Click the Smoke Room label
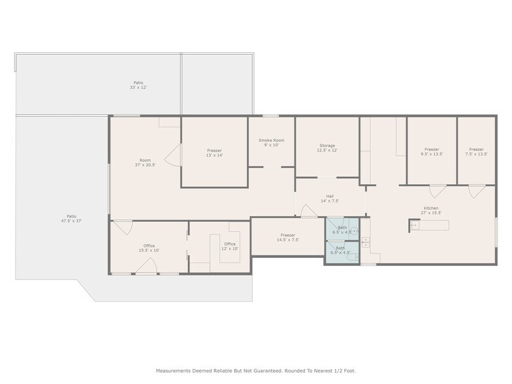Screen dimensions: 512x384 pyautogui.click(x=272, y=142)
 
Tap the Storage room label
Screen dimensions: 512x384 pyautogui.click(x=327, y=148)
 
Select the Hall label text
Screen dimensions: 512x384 pyautogui.click(x=330, y=199)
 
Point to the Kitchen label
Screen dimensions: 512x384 pyautogui.click(x=431, y=210)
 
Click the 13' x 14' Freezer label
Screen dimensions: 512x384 pyautogui.click(x=214, y=153)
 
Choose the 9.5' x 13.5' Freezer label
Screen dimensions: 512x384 pyautogui.click(x=432, y=152)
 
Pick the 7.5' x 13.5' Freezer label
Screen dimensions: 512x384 pyautogui.click(x=477, y=152)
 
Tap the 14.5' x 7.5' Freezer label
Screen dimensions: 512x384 pyautogui.click(x=287, y=238)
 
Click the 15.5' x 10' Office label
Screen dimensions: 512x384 pyautogui.click(x=149, y=248)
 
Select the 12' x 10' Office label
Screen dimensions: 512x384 pyautogui.click(x=230, y=246)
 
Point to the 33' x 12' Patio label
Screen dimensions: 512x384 pyautogui.click(x=138, y=85)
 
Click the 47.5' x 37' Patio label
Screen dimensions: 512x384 pyautogui.click(x=72, y=218)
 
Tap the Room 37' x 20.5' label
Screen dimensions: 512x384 pyautogui.click(x=145, y=163)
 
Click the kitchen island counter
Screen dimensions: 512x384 pyautogui.click(x=429, y=225)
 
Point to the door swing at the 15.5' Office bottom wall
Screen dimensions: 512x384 pyautogui.click(x=146, y=265)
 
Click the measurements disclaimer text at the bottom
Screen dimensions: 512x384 pyautogui.click(x=256, y=371)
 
